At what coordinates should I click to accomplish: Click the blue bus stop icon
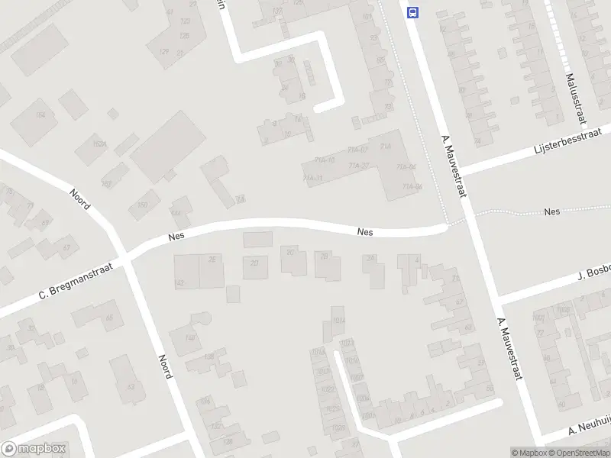tap(413, 12)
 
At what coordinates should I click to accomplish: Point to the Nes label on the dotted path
tap(551, 211)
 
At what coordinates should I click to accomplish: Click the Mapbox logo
tap(34, 449)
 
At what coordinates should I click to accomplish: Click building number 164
tap(40, 114)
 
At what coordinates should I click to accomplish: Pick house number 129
tap(163, 51)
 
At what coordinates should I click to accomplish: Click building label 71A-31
tap(313, 178)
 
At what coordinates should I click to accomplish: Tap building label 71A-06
tap(412, 185)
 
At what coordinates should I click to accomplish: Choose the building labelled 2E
tap(212, 259)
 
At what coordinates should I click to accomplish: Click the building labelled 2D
tap(254, 263)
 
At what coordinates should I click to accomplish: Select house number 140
tap(190, 337)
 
